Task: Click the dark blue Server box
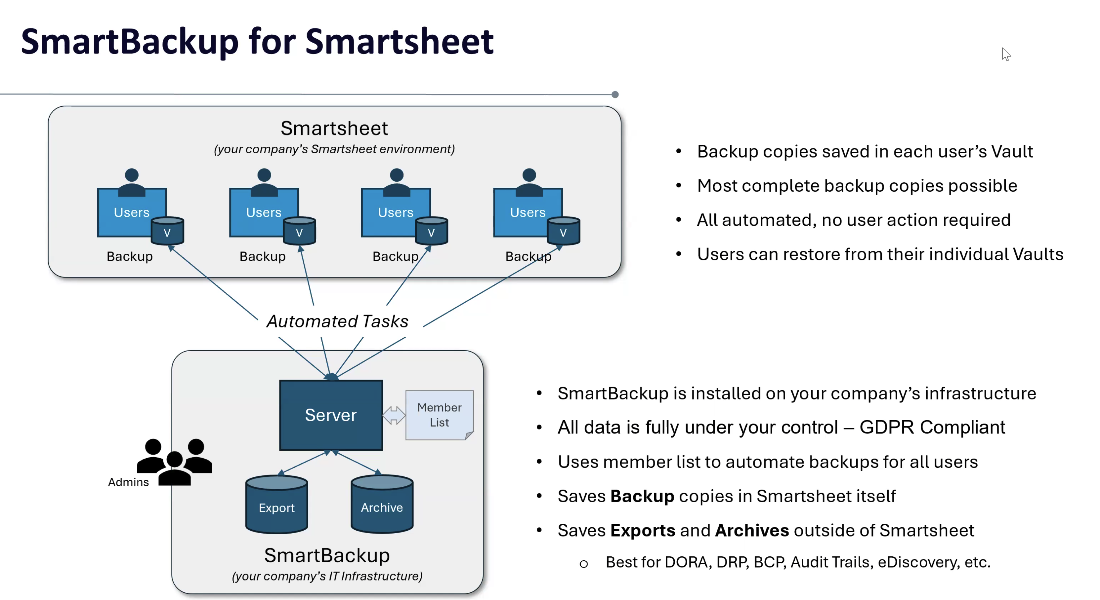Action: [331, 415]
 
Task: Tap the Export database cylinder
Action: [277, 505]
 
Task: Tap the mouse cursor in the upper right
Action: [1006, 54]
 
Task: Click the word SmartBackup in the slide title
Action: [129, 41]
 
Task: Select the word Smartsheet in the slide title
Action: [399, 41]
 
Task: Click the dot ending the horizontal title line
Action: [615, 94]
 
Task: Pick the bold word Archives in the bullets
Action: [751, 530]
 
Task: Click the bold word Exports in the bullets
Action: [643, 530]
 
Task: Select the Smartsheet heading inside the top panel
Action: [334, 128]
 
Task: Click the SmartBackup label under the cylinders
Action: [327, 555]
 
